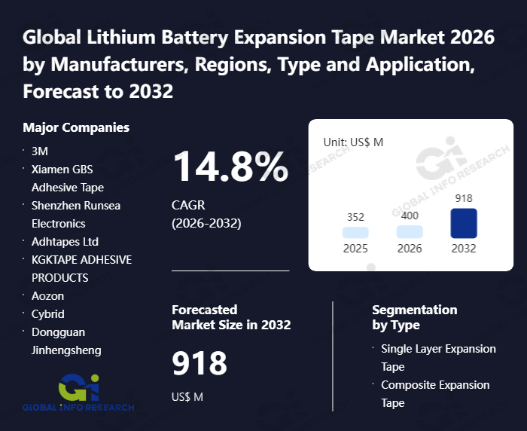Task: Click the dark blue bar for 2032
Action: click(464, 224)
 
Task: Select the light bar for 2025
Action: click(355, 233)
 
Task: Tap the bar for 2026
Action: click(410, 232)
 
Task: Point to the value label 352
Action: click(355, 217)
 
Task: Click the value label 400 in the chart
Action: click(410, 215)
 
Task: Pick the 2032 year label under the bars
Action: click(464, 249)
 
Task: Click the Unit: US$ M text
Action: click(353, 142)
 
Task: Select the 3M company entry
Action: click(40, 151)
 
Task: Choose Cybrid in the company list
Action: click(47, 313)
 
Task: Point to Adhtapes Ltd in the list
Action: click(65, 241)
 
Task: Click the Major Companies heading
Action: click(76, 127)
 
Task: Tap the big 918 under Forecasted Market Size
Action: click(200, 364)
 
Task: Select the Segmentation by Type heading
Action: click(414, 317)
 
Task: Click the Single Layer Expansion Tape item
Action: click(438, 357)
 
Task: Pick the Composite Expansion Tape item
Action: click(435, 393)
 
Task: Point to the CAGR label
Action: click(188, 205)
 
